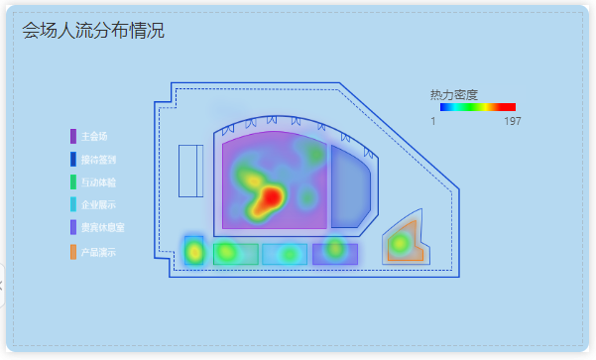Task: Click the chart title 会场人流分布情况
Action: [x=93, y=31]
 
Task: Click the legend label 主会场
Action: [x=94, y=136]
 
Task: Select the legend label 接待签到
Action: [x=98, y=159]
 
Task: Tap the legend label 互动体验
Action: [x=98, y=181]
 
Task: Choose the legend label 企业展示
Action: [x=98, y=204]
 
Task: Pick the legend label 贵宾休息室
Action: [x=102, y=227]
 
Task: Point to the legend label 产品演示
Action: [x=98, y=252]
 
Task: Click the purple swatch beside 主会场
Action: [x=73, y=136]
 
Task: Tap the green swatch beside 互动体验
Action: [x=73, y=181]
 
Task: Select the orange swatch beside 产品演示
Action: [x=73, y=252]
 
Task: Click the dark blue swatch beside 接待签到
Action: [x=73, y=159]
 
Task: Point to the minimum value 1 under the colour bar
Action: [x=433, y=121]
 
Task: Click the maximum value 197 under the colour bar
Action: [x=513, y=121]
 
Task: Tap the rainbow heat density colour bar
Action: [x=477, y=107]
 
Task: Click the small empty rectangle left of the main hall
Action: [x=190, y=171]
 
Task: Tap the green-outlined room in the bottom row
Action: [x=236, y=254]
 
